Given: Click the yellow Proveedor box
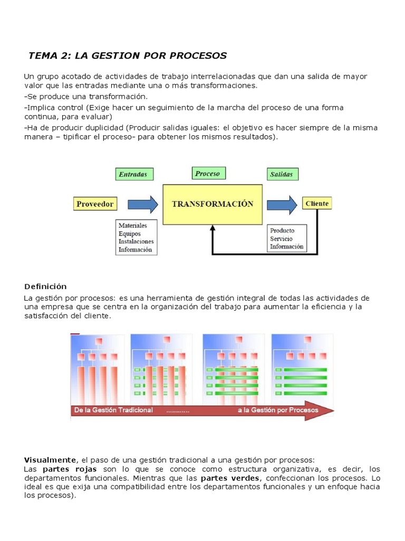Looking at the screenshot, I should point(95,204).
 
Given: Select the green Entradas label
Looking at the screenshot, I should point(134,174).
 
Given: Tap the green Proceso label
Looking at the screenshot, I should point(208,173).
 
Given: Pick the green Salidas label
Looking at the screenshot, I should point(282,174).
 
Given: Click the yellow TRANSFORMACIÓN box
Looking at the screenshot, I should point(213,204).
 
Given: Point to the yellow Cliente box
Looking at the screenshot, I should point(317,203).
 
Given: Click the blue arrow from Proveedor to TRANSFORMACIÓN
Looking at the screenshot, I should point(139,204).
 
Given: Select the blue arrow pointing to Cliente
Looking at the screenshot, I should point(282,204).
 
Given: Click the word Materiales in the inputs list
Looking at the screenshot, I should point(133,226).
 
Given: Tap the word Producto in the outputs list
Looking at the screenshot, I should point(282,230).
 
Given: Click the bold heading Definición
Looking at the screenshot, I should point(45,286).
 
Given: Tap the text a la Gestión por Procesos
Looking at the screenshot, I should point(278,410).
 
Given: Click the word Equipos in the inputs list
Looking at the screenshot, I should point(130,234).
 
